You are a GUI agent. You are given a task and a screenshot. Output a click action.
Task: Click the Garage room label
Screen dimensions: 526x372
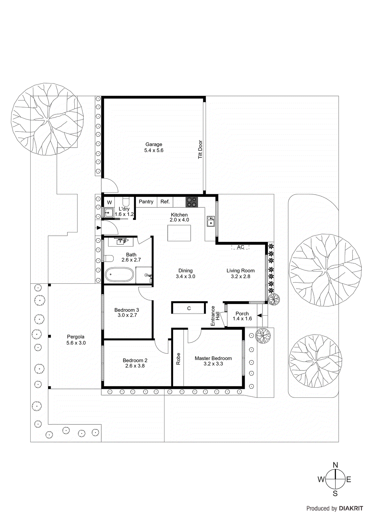point(154,144)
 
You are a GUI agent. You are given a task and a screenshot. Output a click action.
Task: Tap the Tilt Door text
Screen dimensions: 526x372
point(200,150)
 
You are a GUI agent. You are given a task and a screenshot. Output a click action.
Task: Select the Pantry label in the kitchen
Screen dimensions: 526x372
point(146,202)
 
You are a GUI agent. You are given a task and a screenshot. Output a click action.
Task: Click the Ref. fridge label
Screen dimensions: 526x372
point(165,202)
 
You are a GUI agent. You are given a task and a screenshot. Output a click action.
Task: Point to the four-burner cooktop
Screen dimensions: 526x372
point(192,202)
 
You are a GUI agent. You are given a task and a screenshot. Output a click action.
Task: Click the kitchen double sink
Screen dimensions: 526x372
point(211,222)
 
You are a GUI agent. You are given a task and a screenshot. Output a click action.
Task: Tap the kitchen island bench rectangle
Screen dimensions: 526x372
point(179,233)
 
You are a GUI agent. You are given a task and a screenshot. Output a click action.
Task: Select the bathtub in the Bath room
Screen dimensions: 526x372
point(119,275)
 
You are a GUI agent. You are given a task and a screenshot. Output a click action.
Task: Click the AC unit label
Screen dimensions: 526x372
point(240,247)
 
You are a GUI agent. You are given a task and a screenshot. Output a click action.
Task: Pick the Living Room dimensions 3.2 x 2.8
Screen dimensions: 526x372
point(240,276)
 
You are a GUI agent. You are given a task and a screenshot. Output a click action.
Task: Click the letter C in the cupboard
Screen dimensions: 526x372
point(189,308)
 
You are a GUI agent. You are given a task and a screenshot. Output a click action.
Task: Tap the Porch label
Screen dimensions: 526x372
point(242,313)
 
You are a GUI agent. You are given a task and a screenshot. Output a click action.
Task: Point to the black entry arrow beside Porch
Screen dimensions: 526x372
point(260,316)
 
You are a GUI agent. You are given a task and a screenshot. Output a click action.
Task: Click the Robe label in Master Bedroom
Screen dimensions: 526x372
point(178,359)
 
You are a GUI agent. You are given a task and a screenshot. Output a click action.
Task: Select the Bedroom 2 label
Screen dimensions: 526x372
point(135,360)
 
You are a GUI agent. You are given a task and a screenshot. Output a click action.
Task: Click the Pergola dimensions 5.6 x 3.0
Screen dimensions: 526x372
point(76,343)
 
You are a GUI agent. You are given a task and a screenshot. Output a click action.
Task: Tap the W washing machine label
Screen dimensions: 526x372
point(110,203)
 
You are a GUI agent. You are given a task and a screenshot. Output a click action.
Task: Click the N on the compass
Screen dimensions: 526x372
point(335,465)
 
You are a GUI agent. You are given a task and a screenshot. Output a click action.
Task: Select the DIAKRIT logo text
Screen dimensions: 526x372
point(351,508)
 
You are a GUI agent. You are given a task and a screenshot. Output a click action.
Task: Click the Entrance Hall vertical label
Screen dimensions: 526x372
point(215,316)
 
